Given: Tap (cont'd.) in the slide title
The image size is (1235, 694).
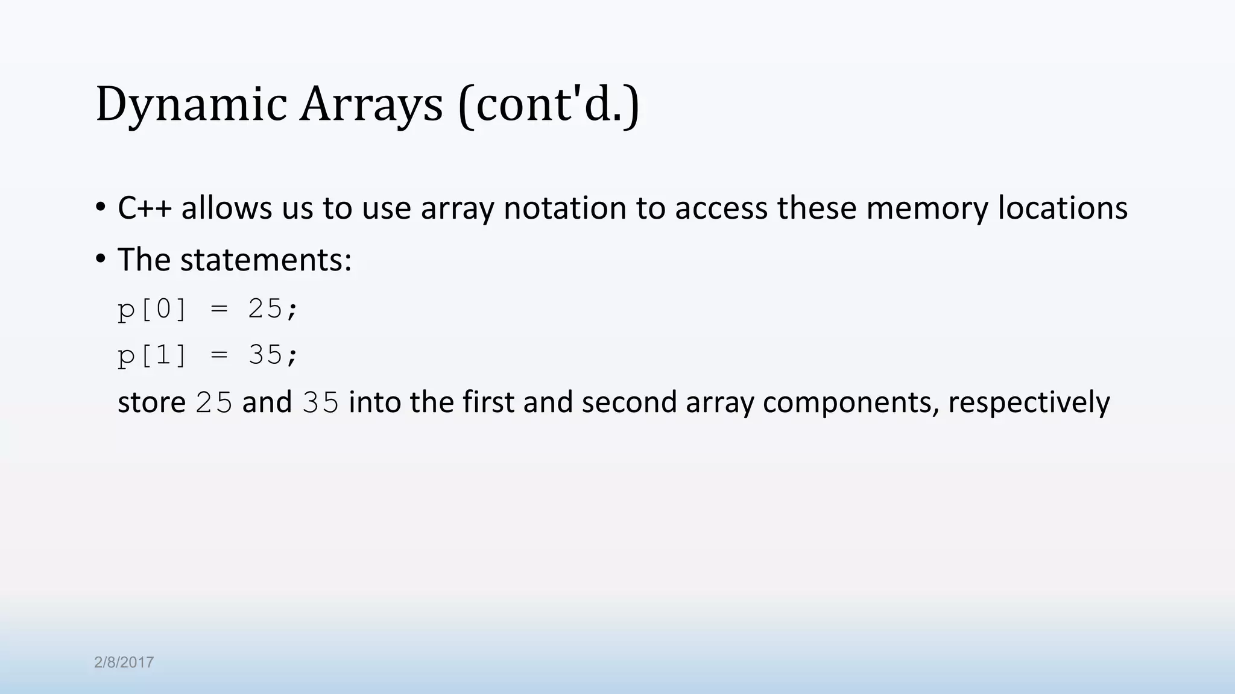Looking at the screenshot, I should [x=548, y=106].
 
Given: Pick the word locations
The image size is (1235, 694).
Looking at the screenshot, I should [x=1063, y=208].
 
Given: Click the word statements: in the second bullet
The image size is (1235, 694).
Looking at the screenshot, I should [x=265, y=260].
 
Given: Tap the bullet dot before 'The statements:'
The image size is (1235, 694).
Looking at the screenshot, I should [x=101, y=259].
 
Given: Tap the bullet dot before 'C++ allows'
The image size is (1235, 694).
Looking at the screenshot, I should [x=101, y=207].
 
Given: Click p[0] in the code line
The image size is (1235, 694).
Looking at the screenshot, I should [x=152, y=310].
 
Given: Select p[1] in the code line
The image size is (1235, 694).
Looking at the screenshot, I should [x=152, y=355].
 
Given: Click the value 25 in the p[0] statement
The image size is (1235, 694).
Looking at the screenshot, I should [x=265, y=310].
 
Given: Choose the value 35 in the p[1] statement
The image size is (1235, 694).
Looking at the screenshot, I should [x=265, y=355].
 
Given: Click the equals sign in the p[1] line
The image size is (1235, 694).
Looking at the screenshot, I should [x=219, y=355].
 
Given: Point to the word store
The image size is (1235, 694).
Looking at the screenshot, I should [x=151, y=402].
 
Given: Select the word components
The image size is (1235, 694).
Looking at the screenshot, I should [x=851, y=402].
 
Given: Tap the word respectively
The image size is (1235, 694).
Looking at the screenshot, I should [x=1029, y=402].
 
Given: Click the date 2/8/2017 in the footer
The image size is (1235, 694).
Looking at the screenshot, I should [x=124, y=663].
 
